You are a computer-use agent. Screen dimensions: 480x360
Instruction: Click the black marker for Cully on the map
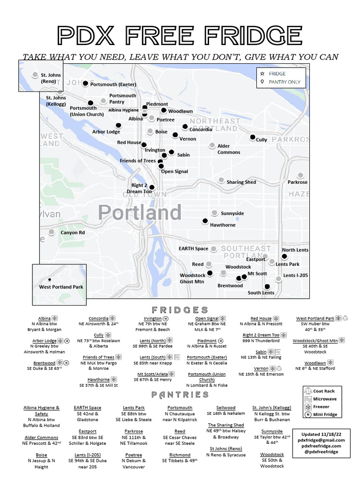(252, 137)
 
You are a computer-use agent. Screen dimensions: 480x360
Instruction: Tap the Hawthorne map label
(223, 225)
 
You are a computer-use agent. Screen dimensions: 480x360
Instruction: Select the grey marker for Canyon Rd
(51, 232)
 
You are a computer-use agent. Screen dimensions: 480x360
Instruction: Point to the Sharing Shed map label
(241, 182)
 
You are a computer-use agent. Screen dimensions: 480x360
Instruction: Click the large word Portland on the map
(140, 213)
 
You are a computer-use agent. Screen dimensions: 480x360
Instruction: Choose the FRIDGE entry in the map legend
(277, 74)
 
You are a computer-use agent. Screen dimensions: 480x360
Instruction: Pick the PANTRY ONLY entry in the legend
(285, 82)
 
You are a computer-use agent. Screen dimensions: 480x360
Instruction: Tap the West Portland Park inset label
(61, 287)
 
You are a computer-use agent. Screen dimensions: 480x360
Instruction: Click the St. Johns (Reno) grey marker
(35, 75)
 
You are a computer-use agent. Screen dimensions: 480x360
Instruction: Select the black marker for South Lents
(267, 286)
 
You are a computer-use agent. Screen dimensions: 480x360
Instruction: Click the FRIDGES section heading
(180, 310)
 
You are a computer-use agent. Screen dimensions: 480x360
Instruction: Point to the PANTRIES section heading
(180, 395)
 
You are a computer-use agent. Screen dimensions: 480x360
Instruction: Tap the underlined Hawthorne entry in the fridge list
(98, 379)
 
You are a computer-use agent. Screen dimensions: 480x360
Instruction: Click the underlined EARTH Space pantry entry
(88, 408)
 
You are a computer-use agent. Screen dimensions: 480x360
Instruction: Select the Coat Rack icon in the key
(307, 391)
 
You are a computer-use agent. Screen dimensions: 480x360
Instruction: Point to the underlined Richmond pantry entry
(180, 455)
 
